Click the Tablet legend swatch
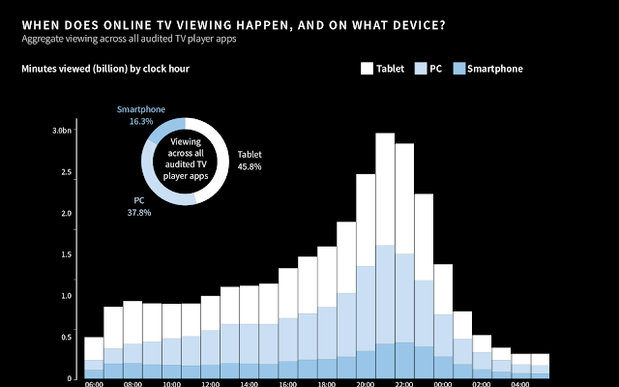coord(368,69)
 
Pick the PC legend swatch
coord(421,69)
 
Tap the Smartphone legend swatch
coord(459,69)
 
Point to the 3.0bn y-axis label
coord(61,130)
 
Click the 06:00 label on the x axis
coord(94,383)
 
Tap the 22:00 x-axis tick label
coord(404,383)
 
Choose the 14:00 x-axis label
coord(249,383)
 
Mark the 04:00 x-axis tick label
coord(520,383)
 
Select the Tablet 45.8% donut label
coord(249,160)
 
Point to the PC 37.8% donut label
coord(139,205)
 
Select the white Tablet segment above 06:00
coord(94,348)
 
